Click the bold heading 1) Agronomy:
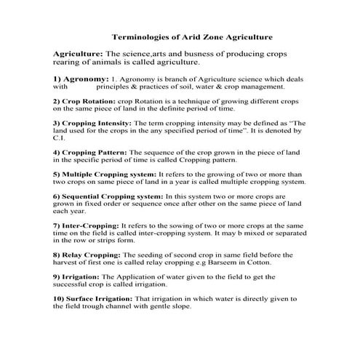79,77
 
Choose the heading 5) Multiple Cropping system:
105,175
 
